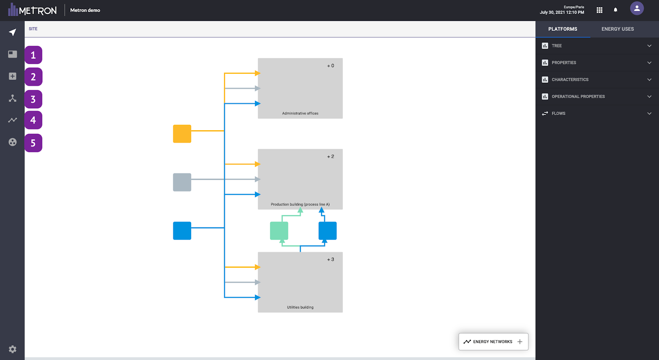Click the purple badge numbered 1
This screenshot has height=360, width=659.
click(33, 55)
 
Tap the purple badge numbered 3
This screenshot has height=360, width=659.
click(33, 99)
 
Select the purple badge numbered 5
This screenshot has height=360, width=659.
click(33, 143)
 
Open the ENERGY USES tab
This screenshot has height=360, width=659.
click(617, 29)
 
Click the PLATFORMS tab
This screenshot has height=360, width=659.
click(563, 29)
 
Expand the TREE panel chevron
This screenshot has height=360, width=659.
click(649, 46)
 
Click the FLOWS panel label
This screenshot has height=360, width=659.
click(559, 113)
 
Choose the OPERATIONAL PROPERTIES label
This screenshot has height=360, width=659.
click(578, 96)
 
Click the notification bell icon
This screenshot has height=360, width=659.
click(615, 10)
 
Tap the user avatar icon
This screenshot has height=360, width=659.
click(637, 8)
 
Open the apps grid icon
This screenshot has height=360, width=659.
click(600, 10)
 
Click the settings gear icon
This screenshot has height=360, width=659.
click(12, 349)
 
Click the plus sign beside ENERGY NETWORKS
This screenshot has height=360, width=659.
click(520, 341)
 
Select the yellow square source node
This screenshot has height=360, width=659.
click(182, 134)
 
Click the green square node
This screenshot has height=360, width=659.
click(279, 231)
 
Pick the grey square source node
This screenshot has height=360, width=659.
click(182, 182)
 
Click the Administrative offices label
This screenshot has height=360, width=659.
click(300, 113)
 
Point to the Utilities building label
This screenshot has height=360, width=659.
click(300, 307)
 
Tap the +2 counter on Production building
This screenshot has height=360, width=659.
click(330, 157)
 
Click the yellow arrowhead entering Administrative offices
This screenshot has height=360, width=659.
click(258, 73)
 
